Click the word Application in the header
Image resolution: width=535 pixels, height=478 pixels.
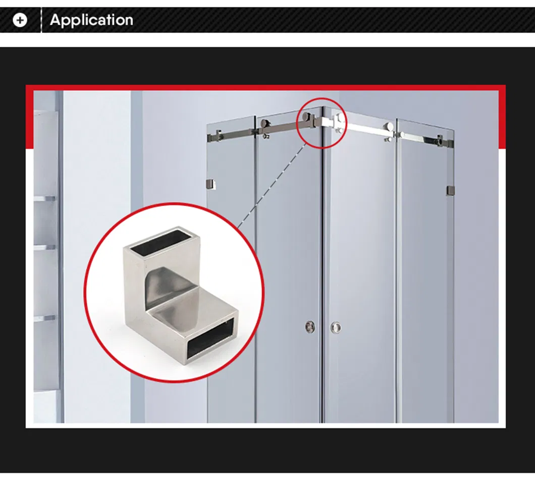point(91,20)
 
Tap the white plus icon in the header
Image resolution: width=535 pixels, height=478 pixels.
point(20,21)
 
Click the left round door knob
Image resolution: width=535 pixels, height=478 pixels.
point(309,327)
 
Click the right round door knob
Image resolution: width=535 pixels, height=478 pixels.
point(336,327)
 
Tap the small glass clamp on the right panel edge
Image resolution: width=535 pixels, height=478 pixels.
point(450,191)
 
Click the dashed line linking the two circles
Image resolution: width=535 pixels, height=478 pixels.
point(273,185)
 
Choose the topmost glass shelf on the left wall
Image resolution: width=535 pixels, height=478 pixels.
point(45,198)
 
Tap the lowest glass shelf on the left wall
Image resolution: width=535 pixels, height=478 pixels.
point(45,318)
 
